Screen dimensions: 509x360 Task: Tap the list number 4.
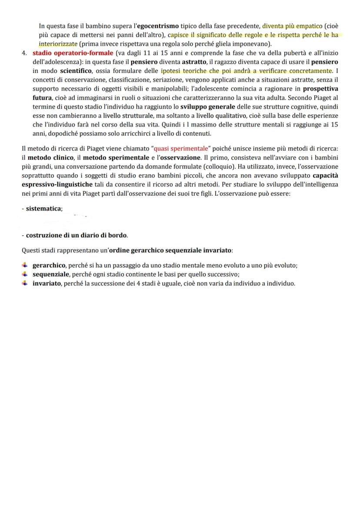point(24,53)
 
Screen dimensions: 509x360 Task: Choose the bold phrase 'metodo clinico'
point(54,157)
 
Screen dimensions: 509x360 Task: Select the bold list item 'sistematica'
point(43,209)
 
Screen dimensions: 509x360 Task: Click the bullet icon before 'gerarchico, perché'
point(26,265)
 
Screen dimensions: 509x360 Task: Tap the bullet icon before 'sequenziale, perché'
point(26,274)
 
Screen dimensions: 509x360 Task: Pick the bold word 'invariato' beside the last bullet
point(47,283)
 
